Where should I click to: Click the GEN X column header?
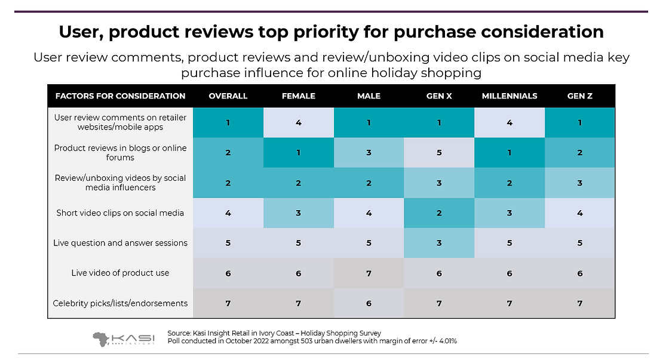(x=439, y=96)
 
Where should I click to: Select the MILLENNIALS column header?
(x=509, y=96)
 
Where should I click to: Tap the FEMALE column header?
(x=299, y=96)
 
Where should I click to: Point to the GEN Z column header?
(x=579, y=96)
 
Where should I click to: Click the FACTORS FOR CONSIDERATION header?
(x=120, y=96)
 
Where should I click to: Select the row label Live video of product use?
(x=121, y=273)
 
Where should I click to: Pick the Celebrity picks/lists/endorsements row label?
(x=121, y=303)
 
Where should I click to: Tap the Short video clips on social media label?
(x=121, y=213)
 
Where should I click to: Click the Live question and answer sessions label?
(x=121, y=243)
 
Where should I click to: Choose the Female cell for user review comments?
(x=299, y=122)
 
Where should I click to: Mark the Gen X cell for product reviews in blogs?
(x=439, y=153)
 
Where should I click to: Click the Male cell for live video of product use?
(x=369, y=273)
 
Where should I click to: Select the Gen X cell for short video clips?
(x=439, y=213)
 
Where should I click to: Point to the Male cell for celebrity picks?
(x=369, y=303)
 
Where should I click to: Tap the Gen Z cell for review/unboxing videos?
(x=579, y=183)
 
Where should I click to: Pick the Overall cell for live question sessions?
(x=228, y=243)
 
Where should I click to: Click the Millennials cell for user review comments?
(x=509, y=122)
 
